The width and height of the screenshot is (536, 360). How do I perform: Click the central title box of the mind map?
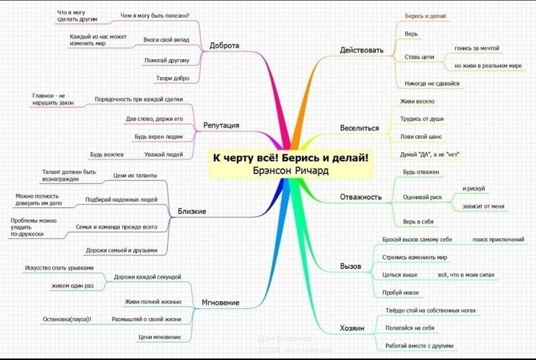pyautogui.click(x=290, y=164)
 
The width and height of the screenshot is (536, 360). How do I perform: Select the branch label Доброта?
pyautogui.click(x=224, y=46)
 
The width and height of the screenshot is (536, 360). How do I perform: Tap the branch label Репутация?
pyautogui.click(x=221, y=125)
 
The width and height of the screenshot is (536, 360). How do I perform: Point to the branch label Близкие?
pyautogui.click(x=192, y=211)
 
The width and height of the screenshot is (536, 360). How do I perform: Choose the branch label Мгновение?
pyautogui.click(x=220, y=302)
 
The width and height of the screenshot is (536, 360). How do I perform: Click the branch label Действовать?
pyautogui.click(x=362, y=50)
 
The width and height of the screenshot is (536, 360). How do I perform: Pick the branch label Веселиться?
pyautogui.click(x=359, y=128)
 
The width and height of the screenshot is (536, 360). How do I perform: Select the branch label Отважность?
pyautogui.click(x=361, y=197)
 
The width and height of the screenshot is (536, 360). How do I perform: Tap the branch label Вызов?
pyautogui.click(x=350, y=266)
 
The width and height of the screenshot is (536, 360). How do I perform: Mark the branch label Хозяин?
pyautogui.click(x=352, y=328)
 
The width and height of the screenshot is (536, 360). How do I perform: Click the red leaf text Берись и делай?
pyautogui.click(x=425, y=16)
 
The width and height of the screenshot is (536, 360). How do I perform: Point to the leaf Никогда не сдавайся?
pyautogui.click(x=432, y=83)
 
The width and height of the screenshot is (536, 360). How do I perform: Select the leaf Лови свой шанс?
pyautogui.click(x=421, y=137)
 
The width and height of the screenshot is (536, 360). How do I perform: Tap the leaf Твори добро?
pyautogui.click(x=173, y=78)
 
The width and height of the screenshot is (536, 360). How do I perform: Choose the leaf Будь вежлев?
pyautogui.click(x=107, y=154)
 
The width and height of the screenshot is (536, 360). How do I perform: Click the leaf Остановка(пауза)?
pyautogui.click(x=67, y=319)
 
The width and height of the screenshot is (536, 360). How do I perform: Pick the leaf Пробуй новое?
pyautogui.click(x=401, y=293)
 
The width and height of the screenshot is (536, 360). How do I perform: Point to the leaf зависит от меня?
pyautogui.click(x=483, y=206)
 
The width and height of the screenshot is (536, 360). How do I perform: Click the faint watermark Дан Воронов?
pyautogui.click(x=285, y=339)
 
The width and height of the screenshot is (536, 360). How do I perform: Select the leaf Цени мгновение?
pyautogui.click(x=160, y=337)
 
